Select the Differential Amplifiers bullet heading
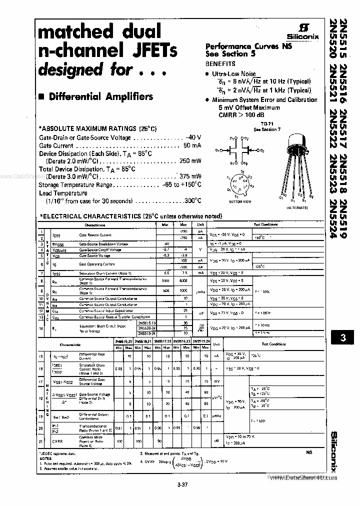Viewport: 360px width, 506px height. (x=100, y=96)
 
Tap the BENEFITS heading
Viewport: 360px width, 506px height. (x=220, y=64)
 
